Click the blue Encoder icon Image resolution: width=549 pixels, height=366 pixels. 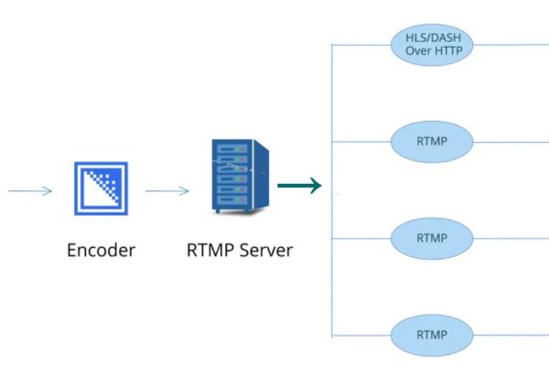[x=102, y=189]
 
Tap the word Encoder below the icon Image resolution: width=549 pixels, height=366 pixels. [x=102, y=249]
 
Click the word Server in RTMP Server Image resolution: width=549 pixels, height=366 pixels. [x=264, y=249]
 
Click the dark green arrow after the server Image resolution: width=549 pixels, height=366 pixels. [x=298, y=186]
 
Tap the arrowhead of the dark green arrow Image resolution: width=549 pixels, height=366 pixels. [x=315, y=186]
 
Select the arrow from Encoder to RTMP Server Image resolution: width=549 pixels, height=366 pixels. [x=167, y=191]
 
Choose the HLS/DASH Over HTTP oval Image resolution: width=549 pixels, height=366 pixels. [x=431, y=44]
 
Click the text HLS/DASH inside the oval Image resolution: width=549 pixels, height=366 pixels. [x=431, y=38]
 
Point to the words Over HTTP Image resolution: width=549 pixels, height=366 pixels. [x=431, y=51]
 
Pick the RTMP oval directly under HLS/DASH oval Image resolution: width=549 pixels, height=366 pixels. [x=431, y=141]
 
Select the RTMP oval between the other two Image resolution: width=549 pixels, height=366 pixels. [x=431, y=238]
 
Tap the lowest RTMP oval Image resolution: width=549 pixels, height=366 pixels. [x=431, y=334]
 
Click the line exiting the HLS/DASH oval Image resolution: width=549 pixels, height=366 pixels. [x=512, y=44]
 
